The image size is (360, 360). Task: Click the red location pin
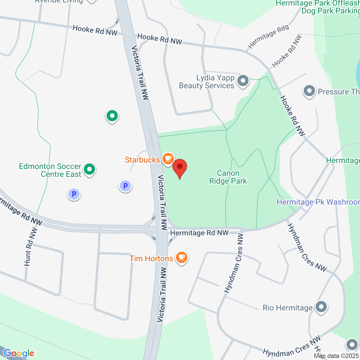tap(179, 168)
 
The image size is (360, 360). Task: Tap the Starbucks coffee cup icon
tap(168, 159)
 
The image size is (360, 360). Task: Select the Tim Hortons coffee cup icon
tap(182, 257)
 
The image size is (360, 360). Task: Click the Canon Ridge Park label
tap(228, 177)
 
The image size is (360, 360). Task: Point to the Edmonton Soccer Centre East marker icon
tap(89, 170)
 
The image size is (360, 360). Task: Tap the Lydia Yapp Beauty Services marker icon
tap(243, 81)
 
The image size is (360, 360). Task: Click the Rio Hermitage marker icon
tap(321, 307)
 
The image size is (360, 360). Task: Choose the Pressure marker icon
tap(309, 91)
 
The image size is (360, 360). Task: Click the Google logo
tap(19, 353)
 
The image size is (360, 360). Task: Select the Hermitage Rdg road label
tap(268, 36)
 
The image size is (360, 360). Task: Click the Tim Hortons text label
tap(151, 258)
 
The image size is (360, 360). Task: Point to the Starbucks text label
tap(142, 160)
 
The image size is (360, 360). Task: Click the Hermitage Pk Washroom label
tap(318, 202)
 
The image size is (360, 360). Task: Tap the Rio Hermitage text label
tap(287, 308)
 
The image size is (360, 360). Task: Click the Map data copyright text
tap(336, 356)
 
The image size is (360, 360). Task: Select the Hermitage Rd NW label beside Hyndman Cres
tap(199, 233)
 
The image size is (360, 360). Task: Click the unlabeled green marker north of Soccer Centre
tap(112, 116)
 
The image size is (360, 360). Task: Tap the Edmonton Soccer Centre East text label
tap(50, 170)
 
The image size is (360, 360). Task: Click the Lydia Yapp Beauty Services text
tap(207, 82)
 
